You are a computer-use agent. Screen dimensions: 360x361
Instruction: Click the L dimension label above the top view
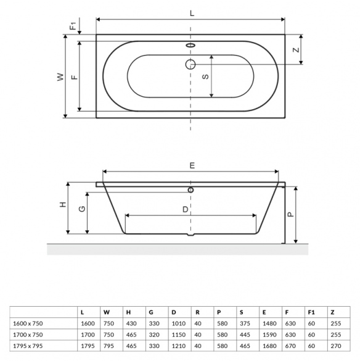pos(192,14)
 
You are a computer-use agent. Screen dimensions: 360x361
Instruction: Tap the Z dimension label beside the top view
pos(296,50)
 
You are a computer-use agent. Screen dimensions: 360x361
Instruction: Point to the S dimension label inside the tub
pos(205,77)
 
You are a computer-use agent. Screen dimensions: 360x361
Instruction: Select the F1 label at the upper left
pos(73,26)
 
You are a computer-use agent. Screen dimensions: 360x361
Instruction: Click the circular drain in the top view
pos(190,64)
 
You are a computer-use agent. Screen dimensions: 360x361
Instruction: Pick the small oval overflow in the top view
pos(190,45)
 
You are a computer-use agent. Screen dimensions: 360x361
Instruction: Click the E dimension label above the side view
pos(192,165)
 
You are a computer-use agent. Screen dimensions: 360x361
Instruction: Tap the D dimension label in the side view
pos(185,209)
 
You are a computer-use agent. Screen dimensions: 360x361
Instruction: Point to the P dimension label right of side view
pos(291,215)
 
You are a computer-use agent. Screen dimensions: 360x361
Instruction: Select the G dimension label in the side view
pos(82,209)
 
